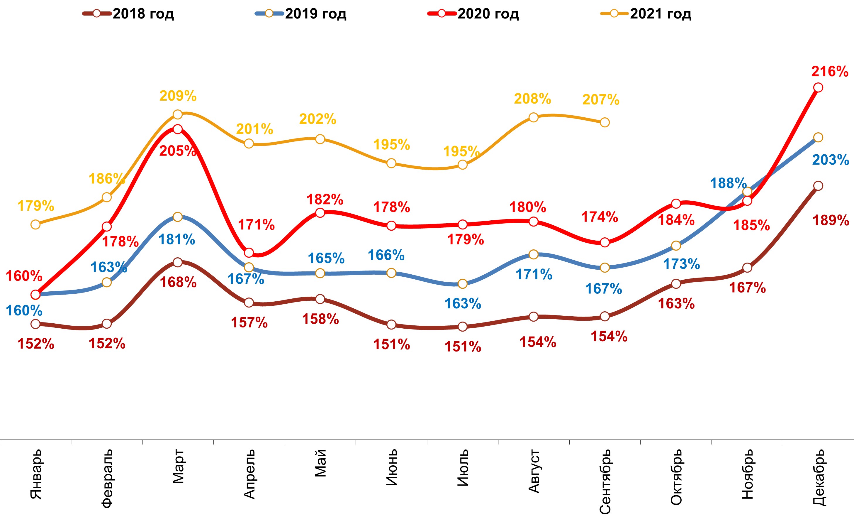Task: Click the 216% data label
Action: point(829,72)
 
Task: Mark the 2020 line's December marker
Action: point(818,87)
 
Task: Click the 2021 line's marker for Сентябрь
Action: point(605,122)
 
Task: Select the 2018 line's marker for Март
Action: point(177,262)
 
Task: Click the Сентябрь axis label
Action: point(605,481)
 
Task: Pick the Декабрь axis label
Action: point(819,477)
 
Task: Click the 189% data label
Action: point(831,220)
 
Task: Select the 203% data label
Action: point(831,160)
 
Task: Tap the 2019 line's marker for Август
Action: point(534,254)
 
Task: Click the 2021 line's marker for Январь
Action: point(35,224)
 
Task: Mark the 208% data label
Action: point(532,99)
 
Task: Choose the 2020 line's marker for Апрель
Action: point(249,253)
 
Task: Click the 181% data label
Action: point(177,239)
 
